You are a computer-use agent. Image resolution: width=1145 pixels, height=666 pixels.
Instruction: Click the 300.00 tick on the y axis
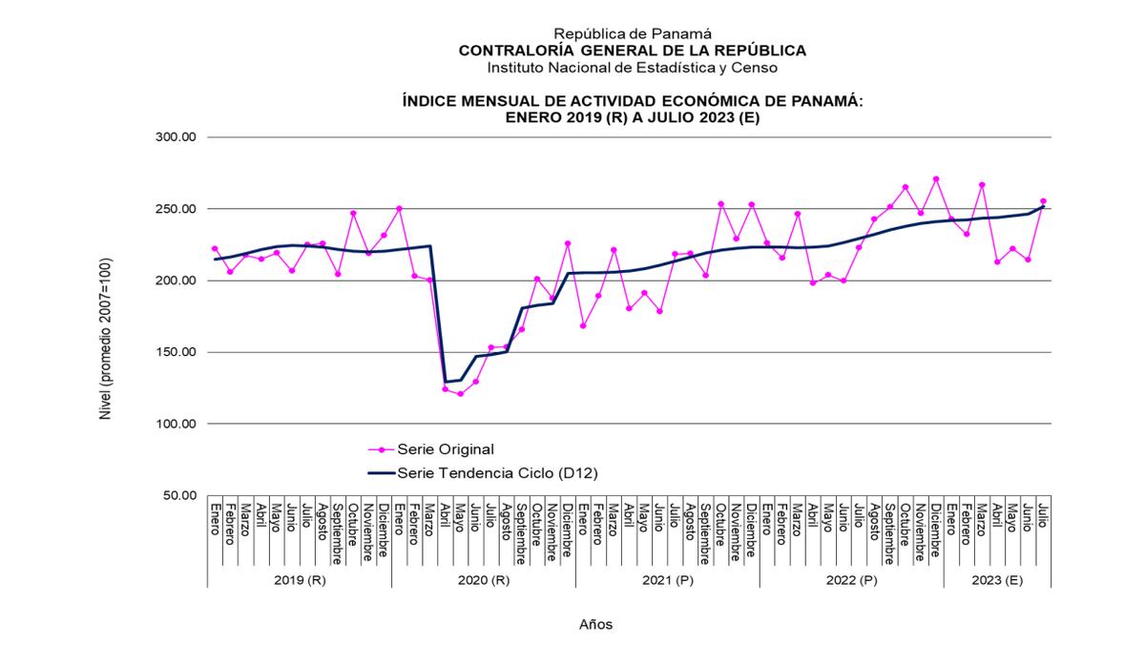[x=176, y=137]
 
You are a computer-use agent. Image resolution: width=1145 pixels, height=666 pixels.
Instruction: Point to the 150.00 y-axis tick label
[x=176, y=352]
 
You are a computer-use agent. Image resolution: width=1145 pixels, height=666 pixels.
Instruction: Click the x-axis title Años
[x=596, y=625]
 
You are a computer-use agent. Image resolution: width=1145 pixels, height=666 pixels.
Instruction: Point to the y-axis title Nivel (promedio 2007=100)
[x=106, y=339]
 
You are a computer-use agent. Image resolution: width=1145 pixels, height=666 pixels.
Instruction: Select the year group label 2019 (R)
[x=299, y=580]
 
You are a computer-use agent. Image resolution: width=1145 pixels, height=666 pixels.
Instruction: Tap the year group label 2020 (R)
[x=484, y=580]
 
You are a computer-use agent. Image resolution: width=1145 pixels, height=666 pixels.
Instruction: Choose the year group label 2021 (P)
[x=668, y=580]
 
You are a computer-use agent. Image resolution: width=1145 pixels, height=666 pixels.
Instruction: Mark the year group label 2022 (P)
[x=852, y=580]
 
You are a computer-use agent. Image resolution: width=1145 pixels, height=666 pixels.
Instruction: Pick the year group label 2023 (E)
[x=997, y=580]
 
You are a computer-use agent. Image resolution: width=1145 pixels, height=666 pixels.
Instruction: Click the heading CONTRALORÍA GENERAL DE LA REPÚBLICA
[x=633, y=51]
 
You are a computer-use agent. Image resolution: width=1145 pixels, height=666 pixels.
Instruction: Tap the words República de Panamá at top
[x=633, y=33]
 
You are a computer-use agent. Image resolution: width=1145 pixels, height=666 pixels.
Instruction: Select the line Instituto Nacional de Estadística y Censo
[x=633, y=68]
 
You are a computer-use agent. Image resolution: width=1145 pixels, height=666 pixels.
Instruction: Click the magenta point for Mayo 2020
[x=460, y=394]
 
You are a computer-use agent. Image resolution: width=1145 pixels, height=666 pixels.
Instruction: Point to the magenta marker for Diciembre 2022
[x=936, y=179]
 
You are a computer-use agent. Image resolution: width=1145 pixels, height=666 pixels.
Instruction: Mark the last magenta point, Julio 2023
[x=1043, y=201]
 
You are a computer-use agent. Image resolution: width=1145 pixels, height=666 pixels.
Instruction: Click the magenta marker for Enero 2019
[x=215, y=249]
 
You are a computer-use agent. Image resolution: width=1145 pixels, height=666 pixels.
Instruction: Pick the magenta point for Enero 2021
[x=583, y=326]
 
